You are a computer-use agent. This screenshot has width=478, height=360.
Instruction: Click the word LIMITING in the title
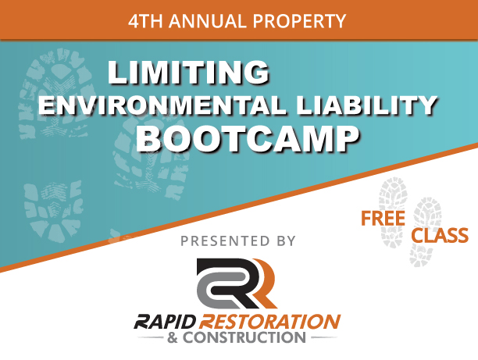click(188, 73)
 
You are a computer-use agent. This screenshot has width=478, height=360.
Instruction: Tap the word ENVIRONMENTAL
click(162, 105)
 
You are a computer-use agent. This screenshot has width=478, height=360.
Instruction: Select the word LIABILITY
click(367, 105)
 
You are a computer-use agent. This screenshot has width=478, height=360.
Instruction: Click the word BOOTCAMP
click(247, 139)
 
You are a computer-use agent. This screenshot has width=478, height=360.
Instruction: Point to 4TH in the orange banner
click(145, 21)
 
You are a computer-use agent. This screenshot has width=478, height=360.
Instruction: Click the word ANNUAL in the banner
click(208, 21)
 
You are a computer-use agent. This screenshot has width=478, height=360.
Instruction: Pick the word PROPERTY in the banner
click(299, 21)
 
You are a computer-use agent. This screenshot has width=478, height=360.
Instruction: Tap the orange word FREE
click(383, 218)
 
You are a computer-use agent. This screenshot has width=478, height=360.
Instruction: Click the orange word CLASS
click(440, 235)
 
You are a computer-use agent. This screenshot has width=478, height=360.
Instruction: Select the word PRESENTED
click(225, 241)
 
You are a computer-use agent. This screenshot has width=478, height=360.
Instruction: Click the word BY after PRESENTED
click(286, 241)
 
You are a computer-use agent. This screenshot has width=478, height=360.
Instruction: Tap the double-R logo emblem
click(237, 283)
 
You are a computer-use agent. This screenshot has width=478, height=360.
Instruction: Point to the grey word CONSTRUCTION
click(244, 337)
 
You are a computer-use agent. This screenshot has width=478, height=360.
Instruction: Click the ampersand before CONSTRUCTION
click(173, 338)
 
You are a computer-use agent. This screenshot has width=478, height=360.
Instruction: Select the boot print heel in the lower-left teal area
click(53, 210)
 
